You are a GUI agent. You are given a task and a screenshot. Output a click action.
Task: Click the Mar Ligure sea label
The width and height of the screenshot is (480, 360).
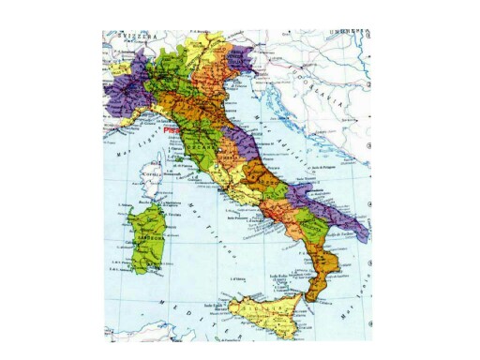[x=125, y=142]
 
